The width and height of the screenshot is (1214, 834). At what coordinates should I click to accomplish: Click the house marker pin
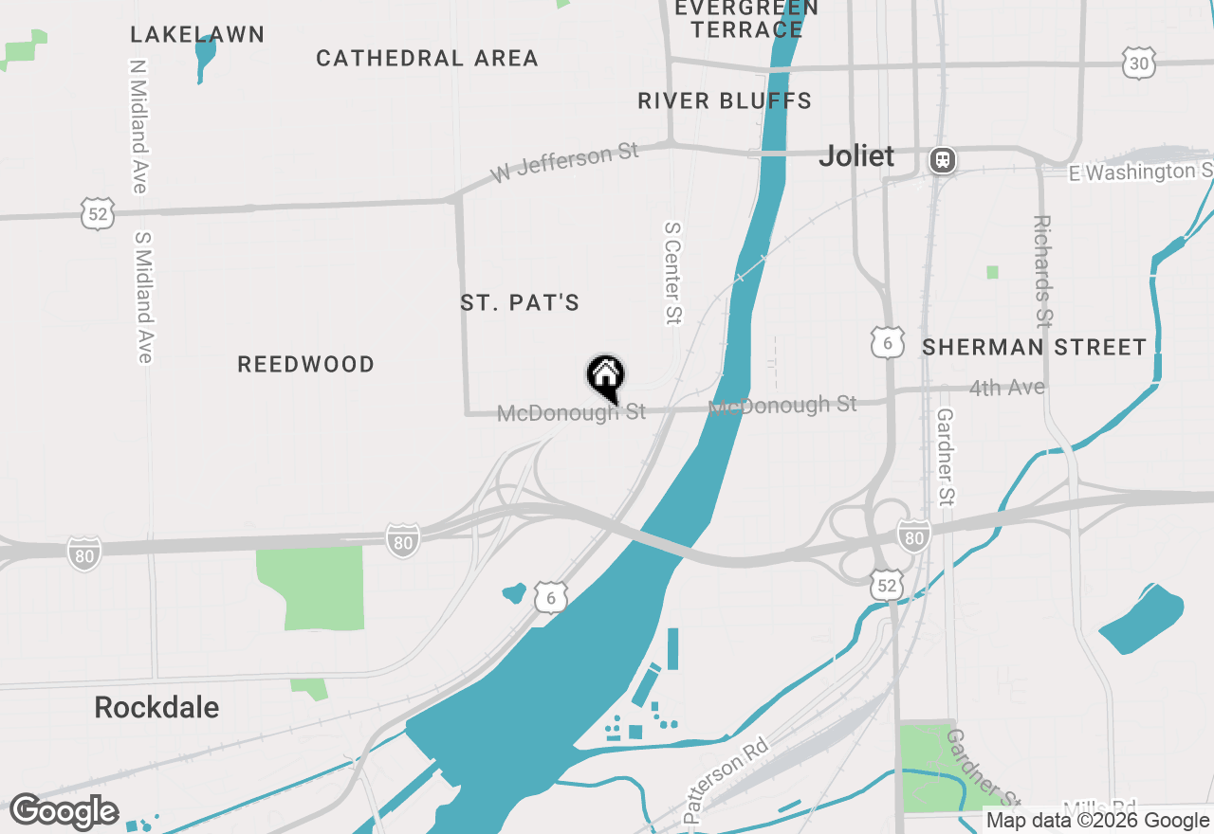tap(605, 376)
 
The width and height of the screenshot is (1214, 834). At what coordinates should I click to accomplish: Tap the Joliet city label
tap(856, 156)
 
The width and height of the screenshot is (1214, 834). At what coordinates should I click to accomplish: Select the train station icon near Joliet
tap(942, 159)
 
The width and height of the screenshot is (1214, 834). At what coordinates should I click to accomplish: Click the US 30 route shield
tap(1138, 63)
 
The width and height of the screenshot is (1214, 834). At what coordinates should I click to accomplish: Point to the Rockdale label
tap(156, 708)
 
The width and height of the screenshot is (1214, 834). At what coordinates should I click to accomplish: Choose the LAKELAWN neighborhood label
tap(197, 35)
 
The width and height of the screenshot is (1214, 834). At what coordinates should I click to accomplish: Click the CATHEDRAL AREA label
tap(427, 59)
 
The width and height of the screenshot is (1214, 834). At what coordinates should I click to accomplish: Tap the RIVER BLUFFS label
tap(725, 101)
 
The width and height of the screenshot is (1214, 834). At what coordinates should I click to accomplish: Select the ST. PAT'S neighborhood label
tap(520, 303)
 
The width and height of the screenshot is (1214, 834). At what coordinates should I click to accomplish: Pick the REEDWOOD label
tap(305, 365)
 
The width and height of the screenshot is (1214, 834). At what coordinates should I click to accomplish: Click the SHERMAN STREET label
tap(1035, 348)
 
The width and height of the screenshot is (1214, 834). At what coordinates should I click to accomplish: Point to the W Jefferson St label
tap(565, 163)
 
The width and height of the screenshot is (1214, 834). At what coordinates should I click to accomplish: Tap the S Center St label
tap(672, 273)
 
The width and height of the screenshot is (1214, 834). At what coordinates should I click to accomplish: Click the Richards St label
tap(1042, 270)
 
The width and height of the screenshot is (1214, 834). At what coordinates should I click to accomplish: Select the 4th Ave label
tap(1007, 388)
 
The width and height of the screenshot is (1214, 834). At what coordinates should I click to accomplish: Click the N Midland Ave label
tap(138, 126)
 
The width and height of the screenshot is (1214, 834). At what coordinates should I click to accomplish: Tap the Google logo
tap(64, 812)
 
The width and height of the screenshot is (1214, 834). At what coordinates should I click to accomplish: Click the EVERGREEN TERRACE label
tap(747, 19)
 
